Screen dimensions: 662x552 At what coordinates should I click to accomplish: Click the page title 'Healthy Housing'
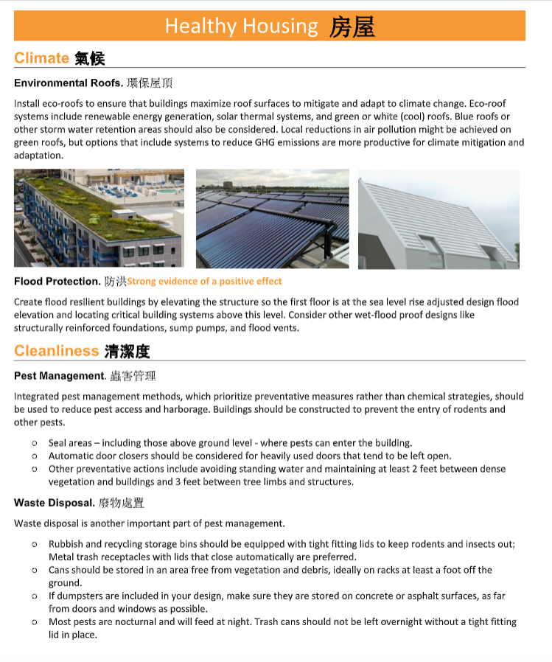click(241, 27)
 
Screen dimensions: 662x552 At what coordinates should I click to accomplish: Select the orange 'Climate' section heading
click(41, 58)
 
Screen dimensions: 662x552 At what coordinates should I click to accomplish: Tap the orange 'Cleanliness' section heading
click(56, 351)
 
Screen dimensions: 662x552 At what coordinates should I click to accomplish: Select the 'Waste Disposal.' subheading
click(55, 504)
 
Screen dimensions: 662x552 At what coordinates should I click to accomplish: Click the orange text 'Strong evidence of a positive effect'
click(204, 282)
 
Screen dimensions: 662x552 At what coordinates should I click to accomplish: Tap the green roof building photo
click(97, 218)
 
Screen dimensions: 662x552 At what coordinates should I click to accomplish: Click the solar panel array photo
click(272, 218)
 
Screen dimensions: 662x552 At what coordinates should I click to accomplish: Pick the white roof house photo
click(439, 219)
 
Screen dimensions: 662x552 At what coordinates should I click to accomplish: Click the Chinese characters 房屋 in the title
click(352, 27)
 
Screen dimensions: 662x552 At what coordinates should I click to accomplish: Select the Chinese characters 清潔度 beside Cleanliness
click(127, 351)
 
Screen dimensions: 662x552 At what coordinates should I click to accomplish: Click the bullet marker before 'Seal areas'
click(35, 443)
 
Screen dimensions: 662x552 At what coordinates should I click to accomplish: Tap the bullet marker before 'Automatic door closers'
click(35, 456)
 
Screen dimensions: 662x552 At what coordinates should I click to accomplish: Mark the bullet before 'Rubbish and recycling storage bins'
click(35, 545)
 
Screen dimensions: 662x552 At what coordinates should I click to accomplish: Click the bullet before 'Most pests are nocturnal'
click(35, 622)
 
